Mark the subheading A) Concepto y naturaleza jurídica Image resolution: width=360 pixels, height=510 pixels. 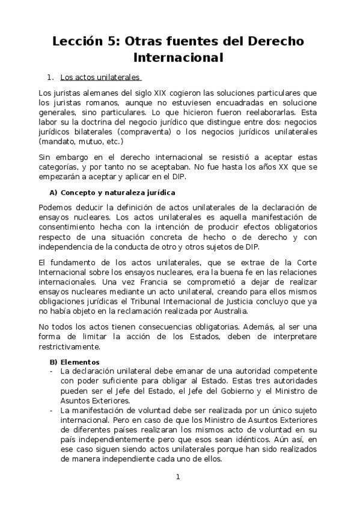pos(112,192)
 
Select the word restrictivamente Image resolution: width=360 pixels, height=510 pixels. pos(75,347)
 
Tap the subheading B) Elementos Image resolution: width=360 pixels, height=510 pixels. pos(75,362)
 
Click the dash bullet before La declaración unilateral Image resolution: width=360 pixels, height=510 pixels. pos(51,372)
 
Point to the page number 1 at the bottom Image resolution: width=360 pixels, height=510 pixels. pos(178,478)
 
